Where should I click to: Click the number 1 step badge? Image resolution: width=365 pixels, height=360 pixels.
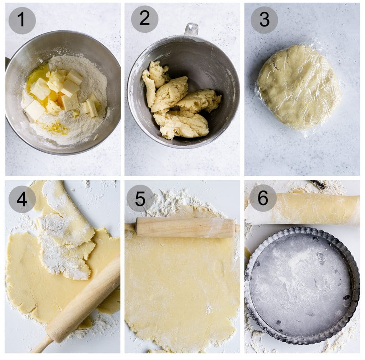[22, 20]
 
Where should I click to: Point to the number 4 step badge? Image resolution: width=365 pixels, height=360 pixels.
[22, 199]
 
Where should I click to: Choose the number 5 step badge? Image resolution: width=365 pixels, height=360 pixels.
[140, 198]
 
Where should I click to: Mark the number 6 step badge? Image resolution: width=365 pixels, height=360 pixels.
[263, 198]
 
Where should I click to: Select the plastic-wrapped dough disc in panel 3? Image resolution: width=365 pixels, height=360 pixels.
[299, 87]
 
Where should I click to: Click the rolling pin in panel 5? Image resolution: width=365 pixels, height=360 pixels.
[185, 227]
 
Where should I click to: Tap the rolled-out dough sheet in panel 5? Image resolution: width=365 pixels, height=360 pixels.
[182, 285]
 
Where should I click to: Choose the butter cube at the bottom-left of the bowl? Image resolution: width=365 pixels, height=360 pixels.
[35, 110]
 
